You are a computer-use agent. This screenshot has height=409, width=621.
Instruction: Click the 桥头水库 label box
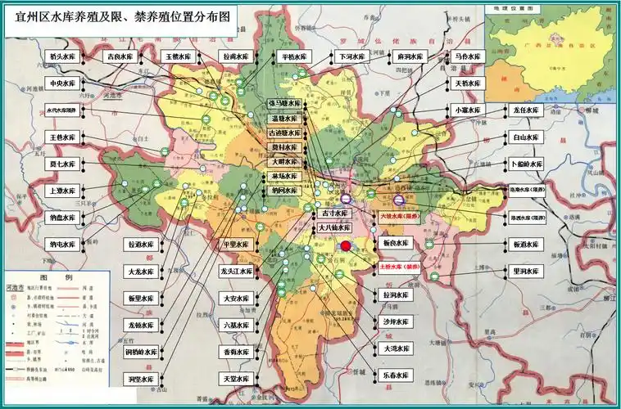(x=62, y=56)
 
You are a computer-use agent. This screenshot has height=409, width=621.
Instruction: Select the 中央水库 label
(x=62, y=83)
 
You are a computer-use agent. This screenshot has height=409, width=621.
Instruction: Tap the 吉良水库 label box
(x=121, y=56)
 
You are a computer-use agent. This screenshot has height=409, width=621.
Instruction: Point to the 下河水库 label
(x=349, y=56)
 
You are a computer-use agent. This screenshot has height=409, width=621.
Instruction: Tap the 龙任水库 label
(x=525, y=110)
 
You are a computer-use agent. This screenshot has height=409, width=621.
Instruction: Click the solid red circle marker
(x=346, y=245)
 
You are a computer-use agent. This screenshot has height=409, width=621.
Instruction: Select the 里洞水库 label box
(x=525, y=271)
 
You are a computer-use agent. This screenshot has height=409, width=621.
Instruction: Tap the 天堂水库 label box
(x=238, y=379)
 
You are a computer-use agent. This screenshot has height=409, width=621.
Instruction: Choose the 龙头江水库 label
(x=238, y=271)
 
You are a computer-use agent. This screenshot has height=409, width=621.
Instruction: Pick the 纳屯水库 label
(x=62, y=243)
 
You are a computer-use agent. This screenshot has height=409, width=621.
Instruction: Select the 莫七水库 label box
(x=62, y=164)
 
